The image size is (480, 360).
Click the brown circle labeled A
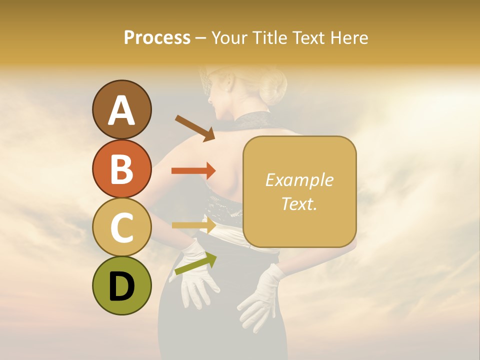(122, 110)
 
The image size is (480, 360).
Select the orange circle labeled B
(122, 168)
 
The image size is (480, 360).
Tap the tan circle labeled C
(122, 227)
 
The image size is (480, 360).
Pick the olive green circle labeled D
(122, 285)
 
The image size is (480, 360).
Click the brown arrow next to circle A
(195, 128)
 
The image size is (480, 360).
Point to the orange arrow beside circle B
(193, 171)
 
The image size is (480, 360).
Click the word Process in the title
(157, 38)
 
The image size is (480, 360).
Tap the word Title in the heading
(271, 38)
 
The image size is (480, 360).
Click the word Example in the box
(299, 180)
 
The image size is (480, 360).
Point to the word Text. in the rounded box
(299, 203)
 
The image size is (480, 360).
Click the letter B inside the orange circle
(122, 169)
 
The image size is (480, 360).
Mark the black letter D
(122, 286)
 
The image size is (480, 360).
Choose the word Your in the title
(231, 38)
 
